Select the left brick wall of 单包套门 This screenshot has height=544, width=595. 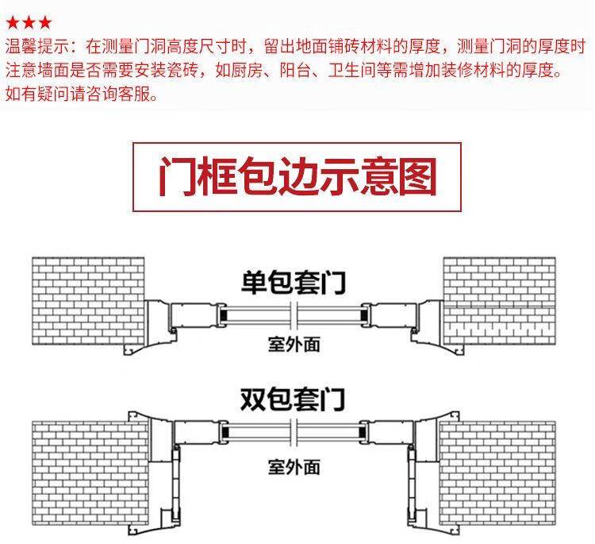tap(87, 302)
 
